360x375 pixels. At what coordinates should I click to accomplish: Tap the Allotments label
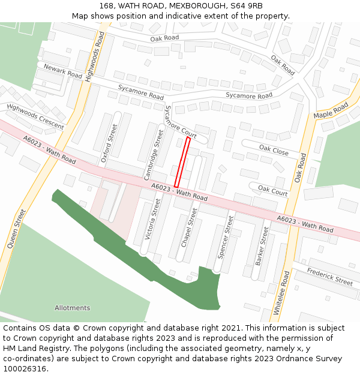72,308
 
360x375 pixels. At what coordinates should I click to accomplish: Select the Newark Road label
62,71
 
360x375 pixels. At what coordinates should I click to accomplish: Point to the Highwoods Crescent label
35,116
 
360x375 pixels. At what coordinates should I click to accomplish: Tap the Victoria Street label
152,220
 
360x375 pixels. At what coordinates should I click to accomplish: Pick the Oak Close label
274,149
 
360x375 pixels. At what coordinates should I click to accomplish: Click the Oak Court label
273,190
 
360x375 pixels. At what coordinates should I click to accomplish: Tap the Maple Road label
331,111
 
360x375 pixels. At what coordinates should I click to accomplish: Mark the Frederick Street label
330,276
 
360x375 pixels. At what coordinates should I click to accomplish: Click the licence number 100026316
25,368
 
